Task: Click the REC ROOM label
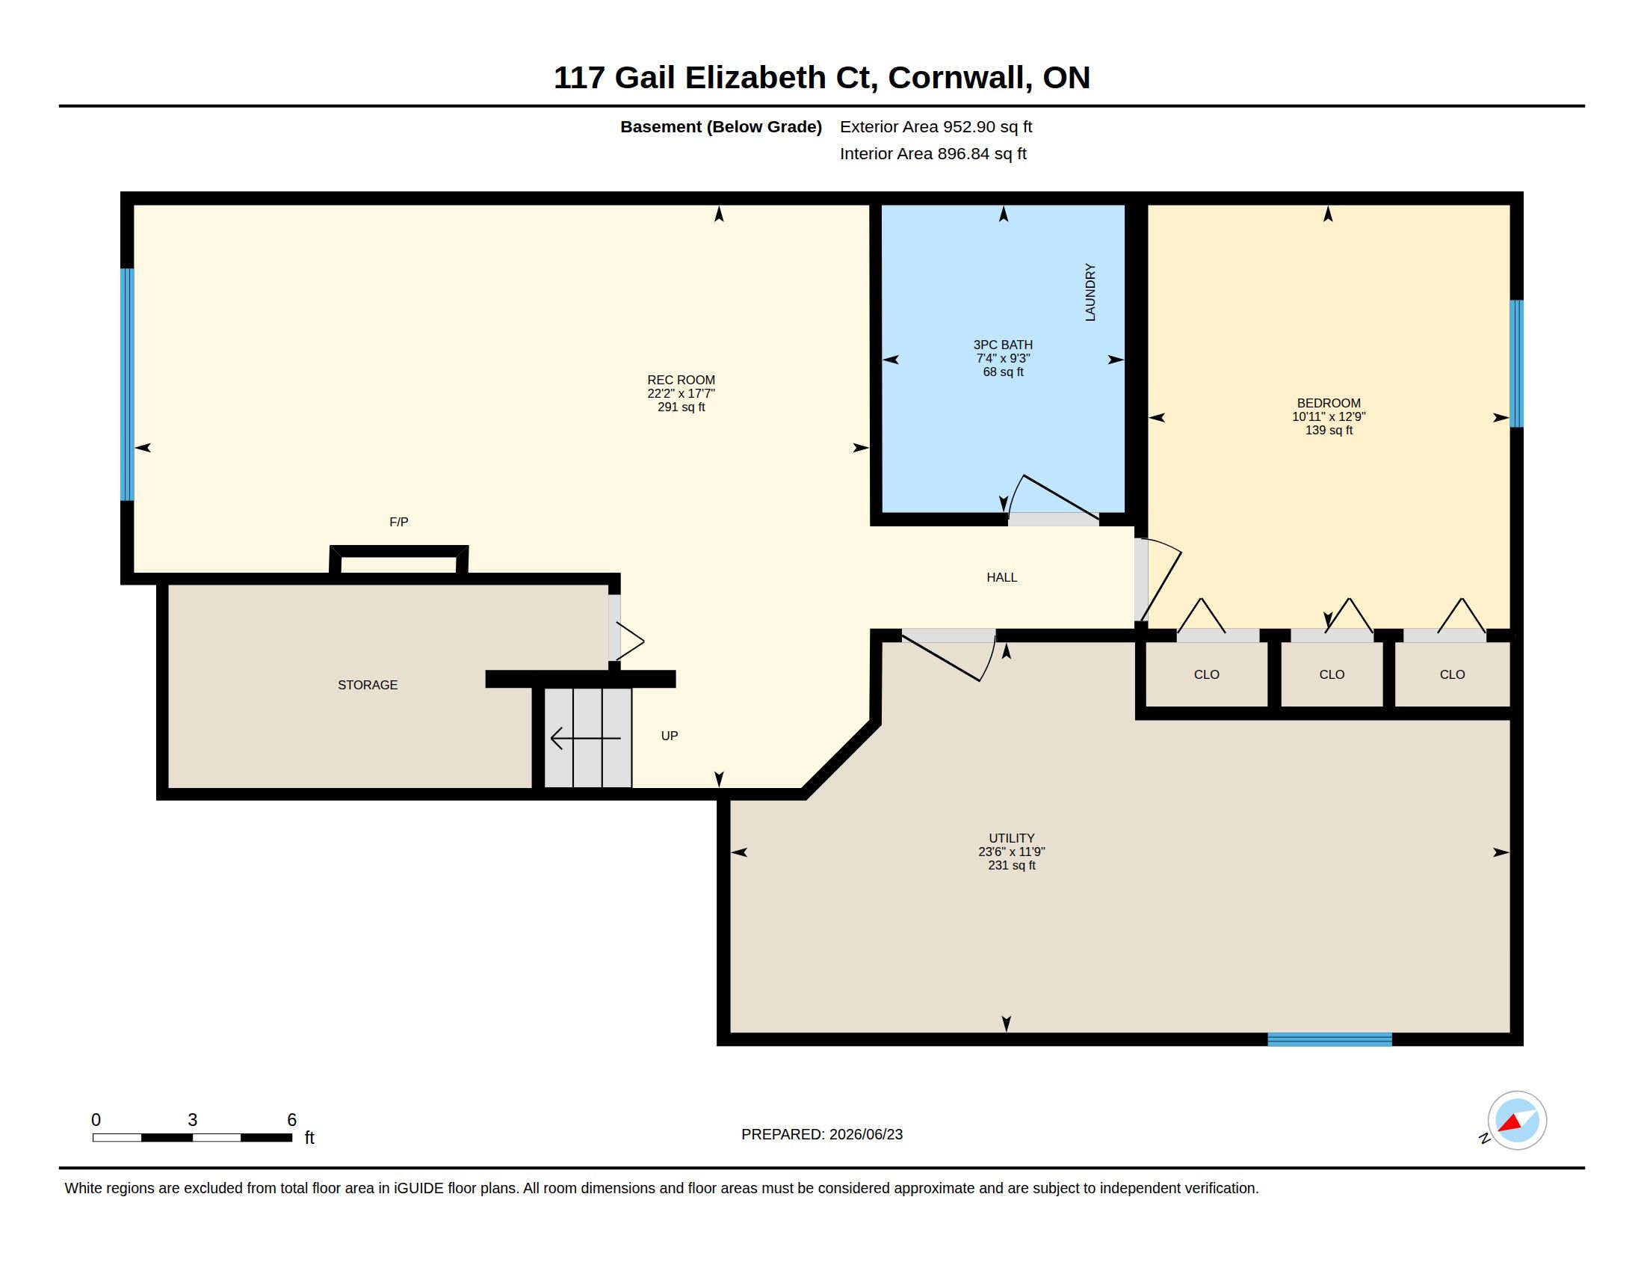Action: (x=682, y=381)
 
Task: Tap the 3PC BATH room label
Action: (x=1003, y=345)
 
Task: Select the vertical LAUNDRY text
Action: (x=1090, y=292)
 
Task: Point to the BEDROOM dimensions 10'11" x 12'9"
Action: (x=1329, y=416)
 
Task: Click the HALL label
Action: (x=1002, y=577)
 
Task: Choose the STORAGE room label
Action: (x=368, y=685)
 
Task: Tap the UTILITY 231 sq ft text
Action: (x=1012, y=866)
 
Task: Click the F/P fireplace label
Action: (x=399, y=522)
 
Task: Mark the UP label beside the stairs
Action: (x=670, y=736)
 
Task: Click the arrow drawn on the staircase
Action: (x=586, y=738)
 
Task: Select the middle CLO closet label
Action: (x=1332, y=674)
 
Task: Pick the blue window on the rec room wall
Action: (x=127, y=385)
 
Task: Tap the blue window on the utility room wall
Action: (x=1329, y=1040)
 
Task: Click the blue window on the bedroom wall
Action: (x=1517, y=363)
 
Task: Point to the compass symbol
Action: (x=1517, y=1121)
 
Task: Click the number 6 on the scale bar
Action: (x=292, y=1120)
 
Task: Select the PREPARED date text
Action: (x=822, y=1134)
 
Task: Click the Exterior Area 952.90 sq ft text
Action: (x=936, y=126)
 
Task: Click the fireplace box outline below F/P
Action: (x=399, y=550)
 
